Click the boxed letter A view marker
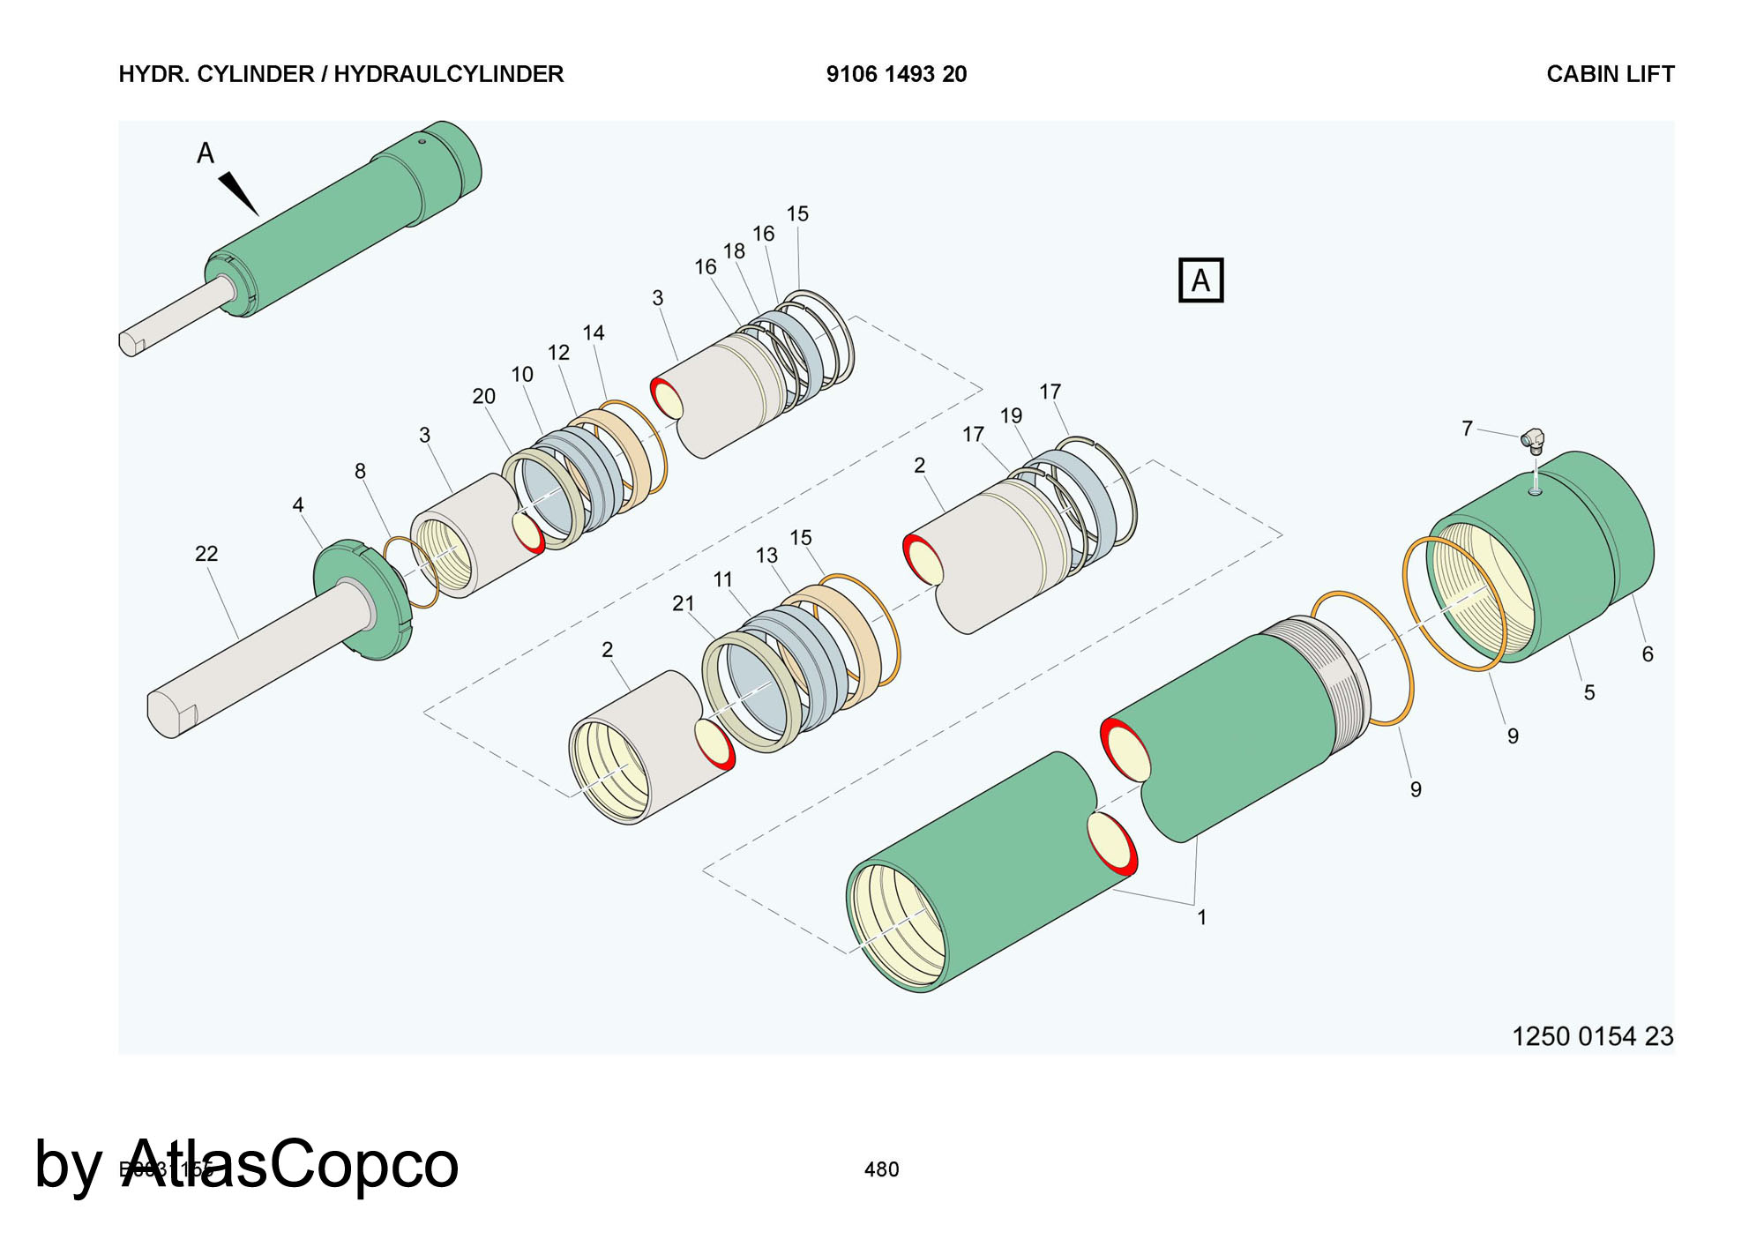(1200, 280)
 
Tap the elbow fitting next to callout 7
(1534, 439)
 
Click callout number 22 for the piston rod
(206, 554)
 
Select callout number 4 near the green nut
(298, 505)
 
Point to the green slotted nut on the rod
(363, 600)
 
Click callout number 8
(360, 472)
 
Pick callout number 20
(483, 397)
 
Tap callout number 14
(594, 333)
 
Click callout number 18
(734, 251)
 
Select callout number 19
(1011, 416)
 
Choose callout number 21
(684, 604)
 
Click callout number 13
(766, 556)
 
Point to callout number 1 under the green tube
(1201, 918)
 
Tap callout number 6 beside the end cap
(1647, 654)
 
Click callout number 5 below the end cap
(1589, 693)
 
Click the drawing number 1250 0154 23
(1592, 1036)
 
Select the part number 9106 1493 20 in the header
(896, 74)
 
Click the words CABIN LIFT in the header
(1610, 74)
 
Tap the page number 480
(881, 1169)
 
